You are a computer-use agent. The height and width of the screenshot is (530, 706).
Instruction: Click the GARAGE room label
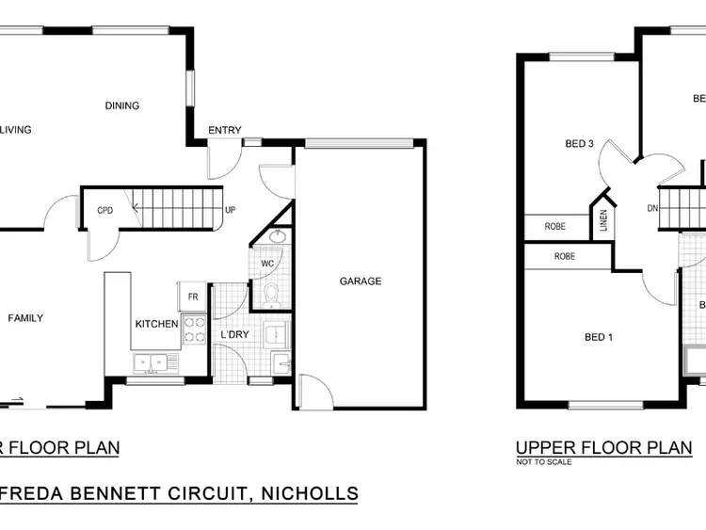point(361,281)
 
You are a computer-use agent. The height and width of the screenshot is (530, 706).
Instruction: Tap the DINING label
point(122,105)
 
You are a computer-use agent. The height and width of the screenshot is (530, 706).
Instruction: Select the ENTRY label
point(225,130)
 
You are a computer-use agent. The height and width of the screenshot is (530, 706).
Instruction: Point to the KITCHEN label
point(156,324)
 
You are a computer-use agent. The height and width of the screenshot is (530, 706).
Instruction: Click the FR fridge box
point(192,297)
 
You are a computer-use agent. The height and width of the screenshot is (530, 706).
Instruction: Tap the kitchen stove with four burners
point(193,329)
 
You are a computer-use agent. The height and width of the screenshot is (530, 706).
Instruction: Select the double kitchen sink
point(151,361)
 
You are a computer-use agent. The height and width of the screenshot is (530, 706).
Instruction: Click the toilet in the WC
point(271,296)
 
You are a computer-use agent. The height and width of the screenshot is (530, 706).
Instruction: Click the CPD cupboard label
point(105,210)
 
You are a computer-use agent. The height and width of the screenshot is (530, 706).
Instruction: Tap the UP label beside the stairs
point(230,209)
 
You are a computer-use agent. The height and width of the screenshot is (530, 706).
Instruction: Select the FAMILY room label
point(25,318)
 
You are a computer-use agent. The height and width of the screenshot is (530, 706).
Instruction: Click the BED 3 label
point(579,144)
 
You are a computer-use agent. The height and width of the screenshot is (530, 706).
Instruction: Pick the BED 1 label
point(599,337)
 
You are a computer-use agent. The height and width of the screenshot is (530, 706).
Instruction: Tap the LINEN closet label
point(603,223)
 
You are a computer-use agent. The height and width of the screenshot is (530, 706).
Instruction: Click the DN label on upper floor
point(652,208)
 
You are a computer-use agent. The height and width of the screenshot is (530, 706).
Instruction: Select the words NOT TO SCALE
point(543,462)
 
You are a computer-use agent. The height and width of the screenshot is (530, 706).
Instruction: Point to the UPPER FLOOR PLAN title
point(603,447)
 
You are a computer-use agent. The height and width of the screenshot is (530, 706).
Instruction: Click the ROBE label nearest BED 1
point(565,256)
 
